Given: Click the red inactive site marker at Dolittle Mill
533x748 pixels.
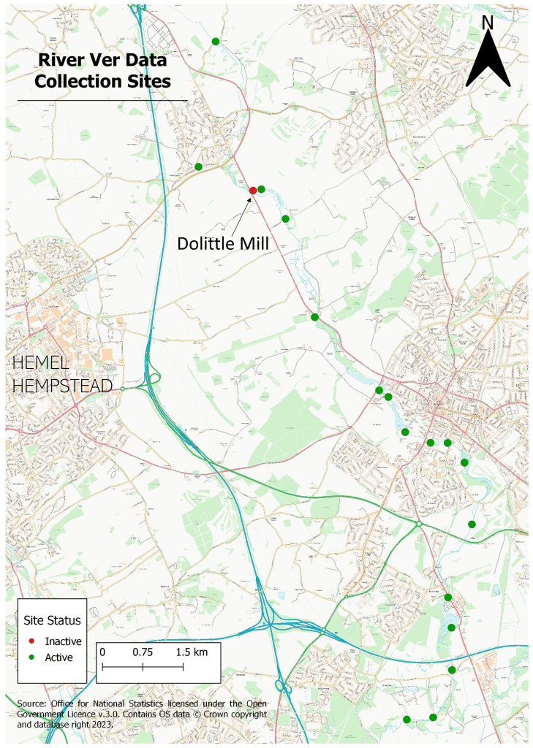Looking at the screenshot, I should point(253,191).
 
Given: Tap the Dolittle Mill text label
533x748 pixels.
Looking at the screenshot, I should point(223,243).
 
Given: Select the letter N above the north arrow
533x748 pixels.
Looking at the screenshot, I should point(488,23).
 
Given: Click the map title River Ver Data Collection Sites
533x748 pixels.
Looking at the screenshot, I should point(103,71).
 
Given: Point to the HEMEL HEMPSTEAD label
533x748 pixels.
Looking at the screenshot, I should point(62,374).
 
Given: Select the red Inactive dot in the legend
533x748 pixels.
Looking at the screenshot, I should point(32,641).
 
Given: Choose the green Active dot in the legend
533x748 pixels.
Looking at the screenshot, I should point(32,657).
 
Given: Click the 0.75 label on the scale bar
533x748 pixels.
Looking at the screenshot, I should point(143,652).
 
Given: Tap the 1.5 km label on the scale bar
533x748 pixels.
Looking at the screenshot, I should point(192,652).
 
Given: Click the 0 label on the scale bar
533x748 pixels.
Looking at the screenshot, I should point(102,652).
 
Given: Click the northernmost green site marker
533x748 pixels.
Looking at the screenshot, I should point(216,42).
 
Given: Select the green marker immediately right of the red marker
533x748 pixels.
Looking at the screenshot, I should point(262,189).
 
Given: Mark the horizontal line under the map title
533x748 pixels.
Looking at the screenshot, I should point(102,100).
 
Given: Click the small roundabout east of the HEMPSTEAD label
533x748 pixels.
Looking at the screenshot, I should point(123,389).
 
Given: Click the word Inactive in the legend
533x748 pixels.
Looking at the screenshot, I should point(63,641).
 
